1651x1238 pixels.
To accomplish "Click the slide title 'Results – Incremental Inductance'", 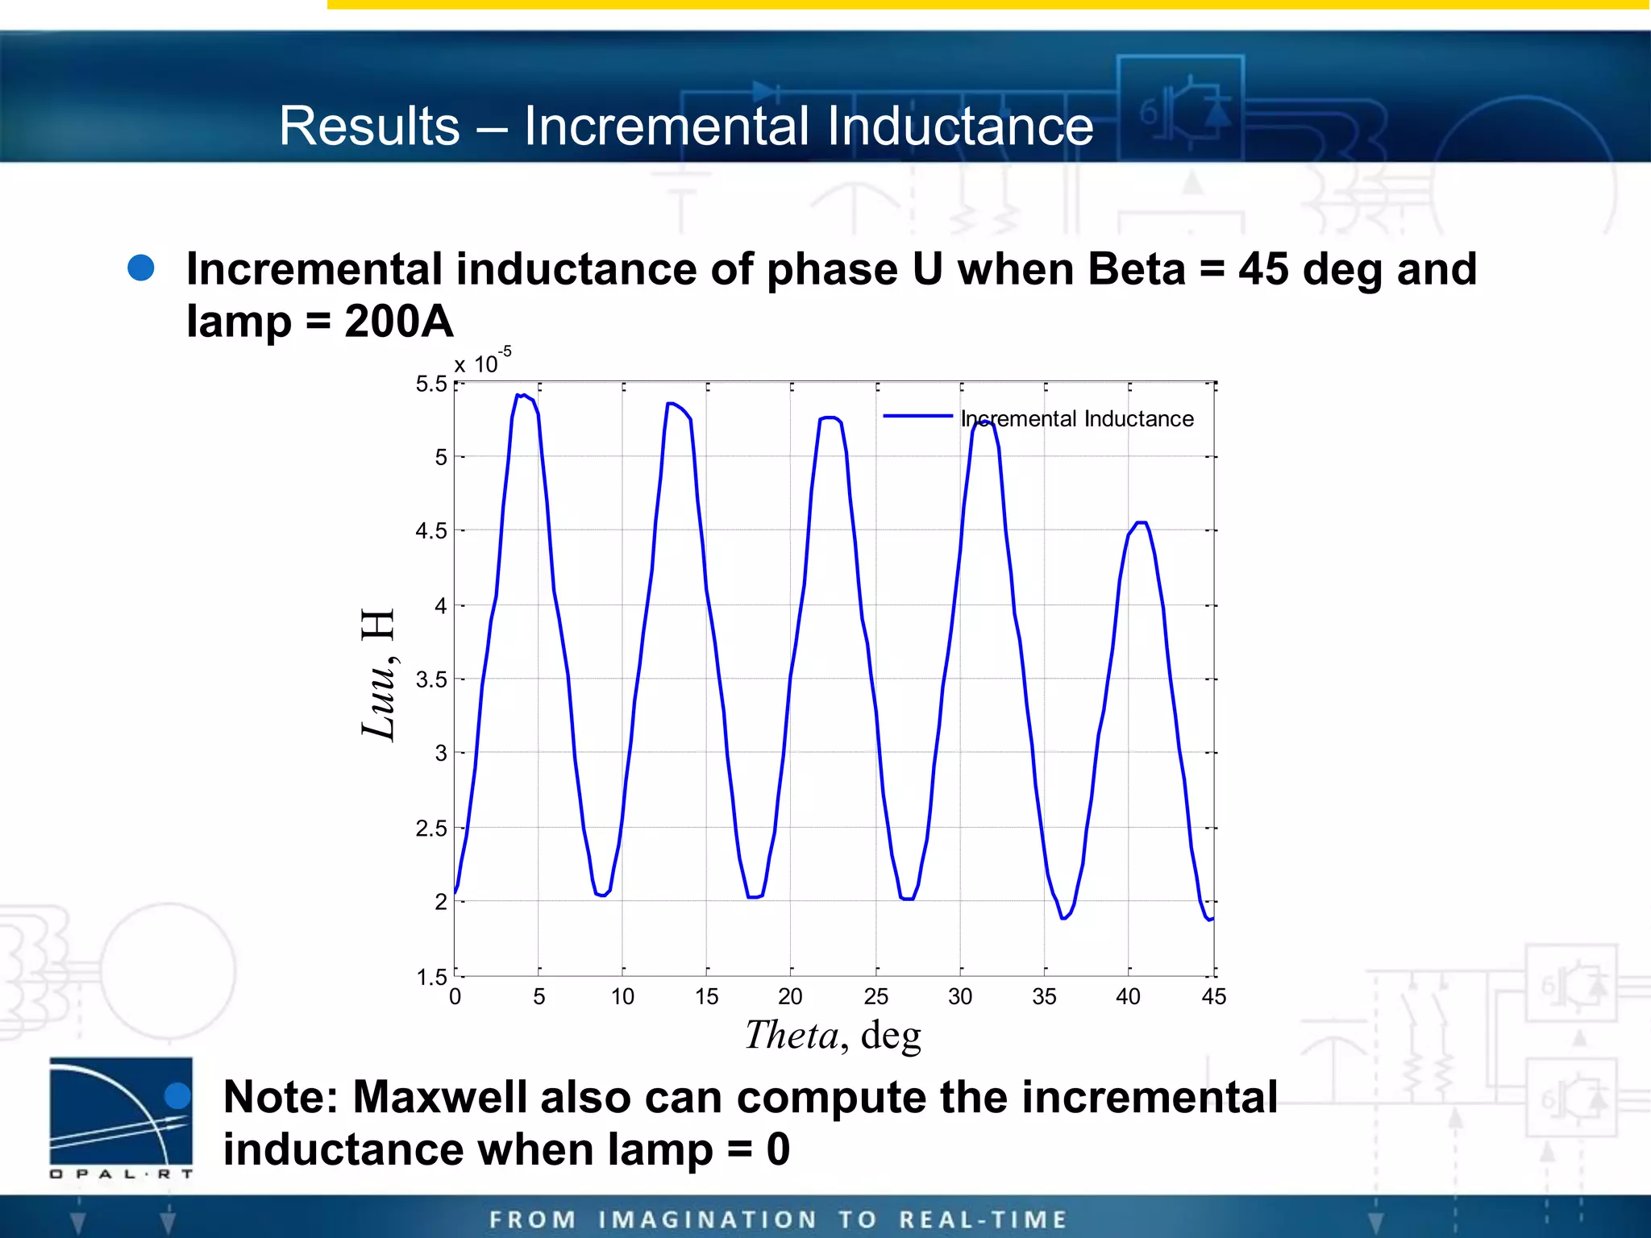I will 686,127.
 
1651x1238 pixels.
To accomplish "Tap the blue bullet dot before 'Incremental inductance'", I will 141,268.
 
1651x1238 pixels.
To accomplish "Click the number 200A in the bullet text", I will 398,322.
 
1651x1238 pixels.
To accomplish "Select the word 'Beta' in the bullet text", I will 1136,269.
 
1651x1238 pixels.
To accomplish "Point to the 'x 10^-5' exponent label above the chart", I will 482,363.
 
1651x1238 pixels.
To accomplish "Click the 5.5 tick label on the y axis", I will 430,384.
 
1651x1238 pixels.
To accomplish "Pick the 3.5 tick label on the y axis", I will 430,679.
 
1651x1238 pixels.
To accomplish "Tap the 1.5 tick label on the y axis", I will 430,978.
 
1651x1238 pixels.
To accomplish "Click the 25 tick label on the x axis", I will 876,997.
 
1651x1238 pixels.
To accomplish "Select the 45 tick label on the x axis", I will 1213,997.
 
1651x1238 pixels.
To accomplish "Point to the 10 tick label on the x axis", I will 622,997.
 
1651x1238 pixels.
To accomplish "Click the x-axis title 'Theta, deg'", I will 833,1035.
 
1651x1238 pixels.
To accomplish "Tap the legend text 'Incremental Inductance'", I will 1077,419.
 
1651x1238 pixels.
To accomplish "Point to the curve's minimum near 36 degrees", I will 1063,918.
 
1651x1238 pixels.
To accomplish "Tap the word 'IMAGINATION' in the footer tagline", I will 708,1219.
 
